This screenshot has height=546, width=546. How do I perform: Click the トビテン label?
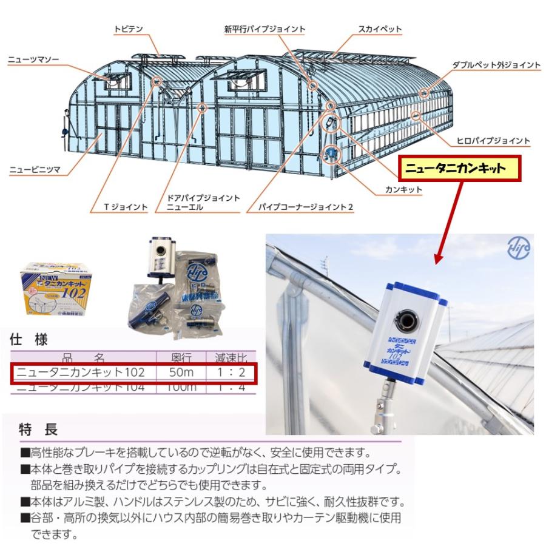(128, 29)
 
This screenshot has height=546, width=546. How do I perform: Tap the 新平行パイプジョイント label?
(265, 29)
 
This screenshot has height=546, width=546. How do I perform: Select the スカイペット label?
(380, 29)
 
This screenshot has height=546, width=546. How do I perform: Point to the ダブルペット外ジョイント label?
(496, 64)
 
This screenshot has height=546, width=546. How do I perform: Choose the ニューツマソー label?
(34, 60)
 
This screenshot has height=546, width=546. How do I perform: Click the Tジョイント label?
(126, 207)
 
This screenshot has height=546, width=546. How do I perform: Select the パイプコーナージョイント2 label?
(305, 207)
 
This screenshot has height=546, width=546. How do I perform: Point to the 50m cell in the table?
(181, 372)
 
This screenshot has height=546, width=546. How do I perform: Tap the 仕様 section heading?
(29, 339)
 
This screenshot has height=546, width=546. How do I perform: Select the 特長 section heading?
(39, 430)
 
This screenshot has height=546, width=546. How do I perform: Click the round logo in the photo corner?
(519, 248)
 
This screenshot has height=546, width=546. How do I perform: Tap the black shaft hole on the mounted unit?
(404, 316)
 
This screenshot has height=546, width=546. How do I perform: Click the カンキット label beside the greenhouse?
(403, 190)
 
